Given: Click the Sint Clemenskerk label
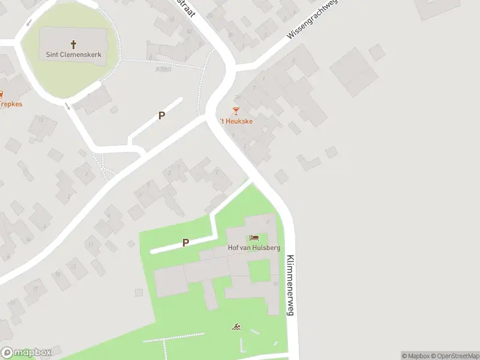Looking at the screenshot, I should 74,55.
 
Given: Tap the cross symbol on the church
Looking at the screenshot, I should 74,44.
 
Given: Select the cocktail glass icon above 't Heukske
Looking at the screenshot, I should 236,111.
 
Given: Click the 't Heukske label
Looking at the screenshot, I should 235,121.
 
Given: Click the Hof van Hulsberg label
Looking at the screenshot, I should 254,248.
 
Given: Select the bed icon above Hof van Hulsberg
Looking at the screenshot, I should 254,238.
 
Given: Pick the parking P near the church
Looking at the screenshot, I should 161,115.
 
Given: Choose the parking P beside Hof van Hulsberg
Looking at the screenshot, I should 186,242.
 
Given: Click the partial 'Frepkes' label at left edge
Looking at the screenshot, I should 10,103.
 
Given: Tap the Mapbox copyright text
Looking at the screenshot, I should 418,356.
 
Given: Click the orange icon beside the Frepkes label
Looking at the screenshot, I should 2,94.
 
